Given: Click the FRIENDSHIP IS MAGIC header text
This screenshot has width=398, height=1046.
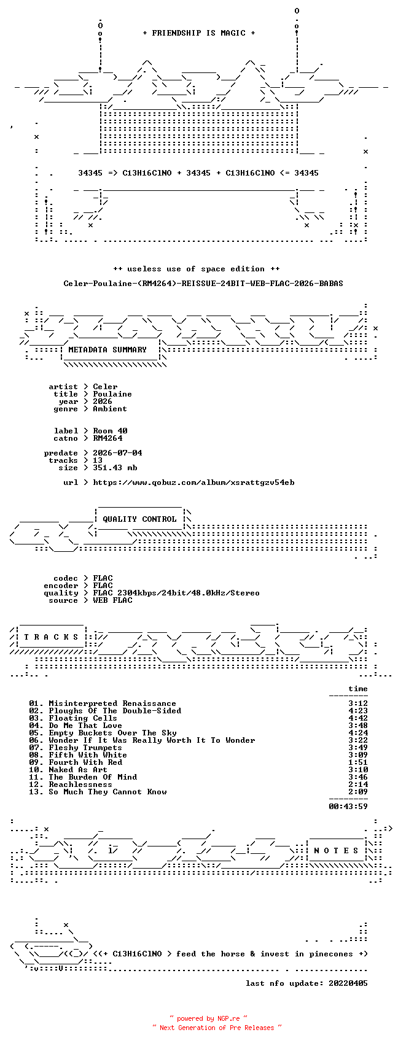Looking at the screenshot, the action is [198, 33].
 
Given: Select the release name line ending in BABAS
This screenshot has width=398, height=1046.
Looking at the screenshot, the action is [203, 284].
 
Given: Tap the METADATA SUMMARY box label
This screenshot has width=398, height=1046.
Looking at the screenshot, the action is [107, 350].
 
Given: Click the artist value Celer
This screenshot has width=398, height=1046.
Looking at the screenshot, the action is [105, 387].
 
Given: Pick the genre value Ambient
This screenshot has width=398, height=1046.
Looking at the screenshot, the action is [110, 409].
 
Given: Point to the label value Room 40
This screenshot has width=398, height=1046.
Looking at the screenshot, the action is [110, 430].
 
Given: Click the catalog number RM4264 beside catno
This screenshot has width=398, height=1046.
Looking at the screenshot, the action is [107, 438].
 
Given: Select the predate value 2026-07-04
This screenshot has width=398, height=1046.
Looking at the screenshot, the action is [117, 453].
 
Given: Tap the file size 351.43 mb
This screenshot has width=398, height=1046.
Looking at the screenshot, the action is [115, 467].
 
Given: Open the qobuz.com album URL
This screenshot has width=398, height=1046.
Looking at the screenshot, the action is [193, 482].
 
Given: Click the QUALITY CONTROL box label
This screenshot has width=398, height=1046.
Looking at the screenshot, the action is [139, 519].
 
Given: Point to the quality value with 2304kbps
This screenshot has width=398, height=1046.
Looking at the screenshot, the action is [176, 593].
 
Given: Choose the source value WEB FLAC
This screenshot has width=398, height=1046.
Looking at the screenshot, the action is [112, 600].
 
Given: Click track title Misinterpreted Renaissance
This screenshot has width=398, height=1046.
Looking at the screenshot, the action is [112, 703].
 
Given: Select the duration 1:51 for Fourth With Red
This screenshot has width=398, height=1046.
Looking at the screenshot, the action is [358, 762].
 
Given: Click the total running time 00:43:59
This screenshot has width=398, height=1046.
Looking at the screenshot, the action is [348, 807].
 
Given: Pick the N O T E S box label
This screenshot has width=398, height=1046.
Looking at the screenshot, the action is [336, 851].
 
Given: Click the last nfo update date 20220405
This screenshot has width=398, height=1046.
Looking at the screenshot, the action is [348, 983].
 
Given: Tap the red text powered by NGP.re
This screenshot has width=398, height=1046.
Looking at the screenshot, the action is [208, 1018].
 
